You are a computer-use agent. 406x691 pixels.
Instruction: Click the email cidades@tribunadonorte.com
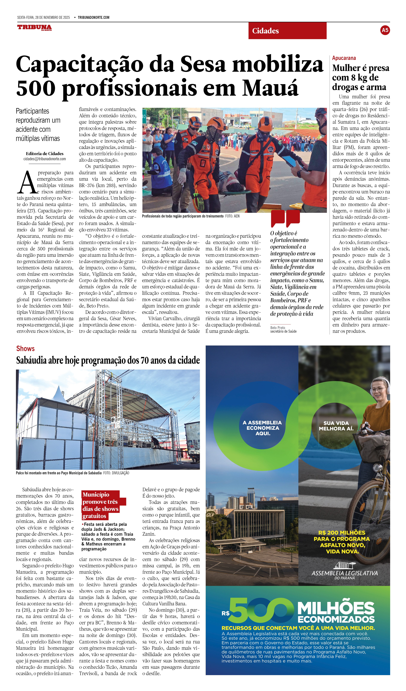click(44, 159)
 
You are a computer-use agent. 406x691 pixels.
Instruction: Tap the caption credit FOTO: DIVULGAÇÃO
click(116, 473)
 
